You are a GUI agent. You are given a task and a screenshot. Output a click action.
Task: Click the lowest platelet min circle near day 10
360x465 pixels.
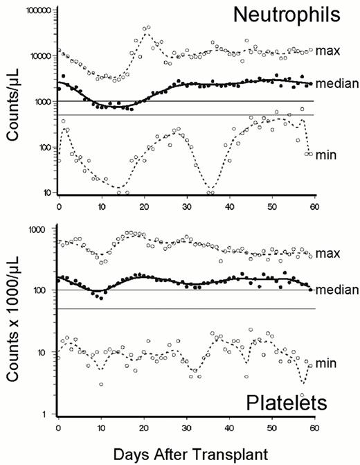[x=101, y=384]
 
